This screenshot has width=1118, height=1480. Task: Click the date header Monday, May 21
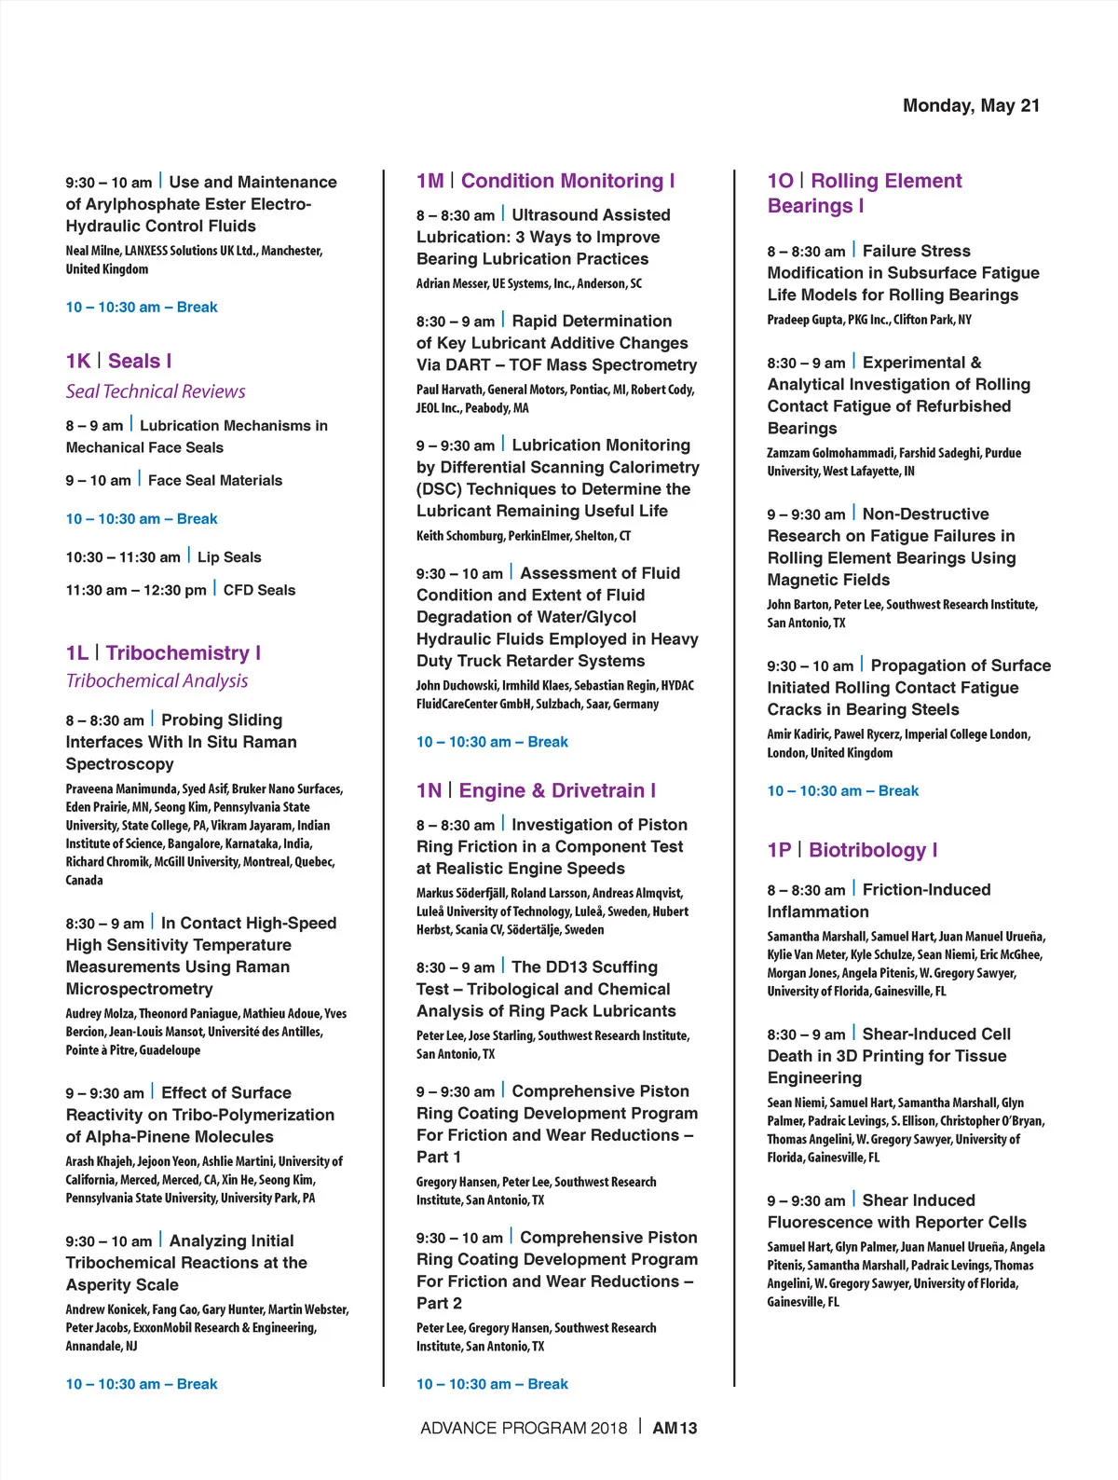pos(971,105)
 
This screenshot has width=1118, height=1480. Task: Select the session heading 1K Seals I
pos(118,361)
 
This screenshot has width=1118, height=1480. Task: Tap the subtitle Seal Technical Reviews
pos(156,391)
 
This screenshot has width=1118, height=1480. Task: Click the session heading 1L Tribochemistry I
pos(163,652)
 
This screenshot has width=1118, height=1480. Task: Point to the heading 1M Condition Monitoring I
pos(545,181)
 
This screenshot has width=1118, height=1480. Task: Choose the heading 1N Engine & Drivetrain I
pos(536,790)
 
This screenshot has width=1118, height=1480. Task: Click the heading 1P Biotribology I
pos(852,850)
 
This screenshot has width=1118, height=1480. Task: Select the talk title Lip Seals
pos(229,557)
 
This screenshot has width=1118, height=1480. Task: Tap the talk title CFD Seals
pos(259,590)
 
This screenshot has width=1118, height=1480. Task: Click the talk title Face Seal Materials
pos(215,481)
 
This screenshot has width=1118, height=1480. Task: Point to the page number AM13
pos(675,1428)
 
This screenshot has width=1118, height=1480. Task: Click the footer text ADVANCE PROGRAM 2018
pos(524,1428)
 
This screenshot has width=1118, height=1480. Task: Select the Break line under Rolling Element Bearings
pos(842,791)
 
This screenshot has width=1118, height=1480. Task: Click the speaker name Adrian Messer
pos(451,283)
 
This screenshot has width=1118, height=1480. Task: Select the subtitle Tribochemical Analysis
pos(157,681)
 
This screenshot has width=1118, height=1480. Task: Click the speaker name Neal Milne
pos(91,251)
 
